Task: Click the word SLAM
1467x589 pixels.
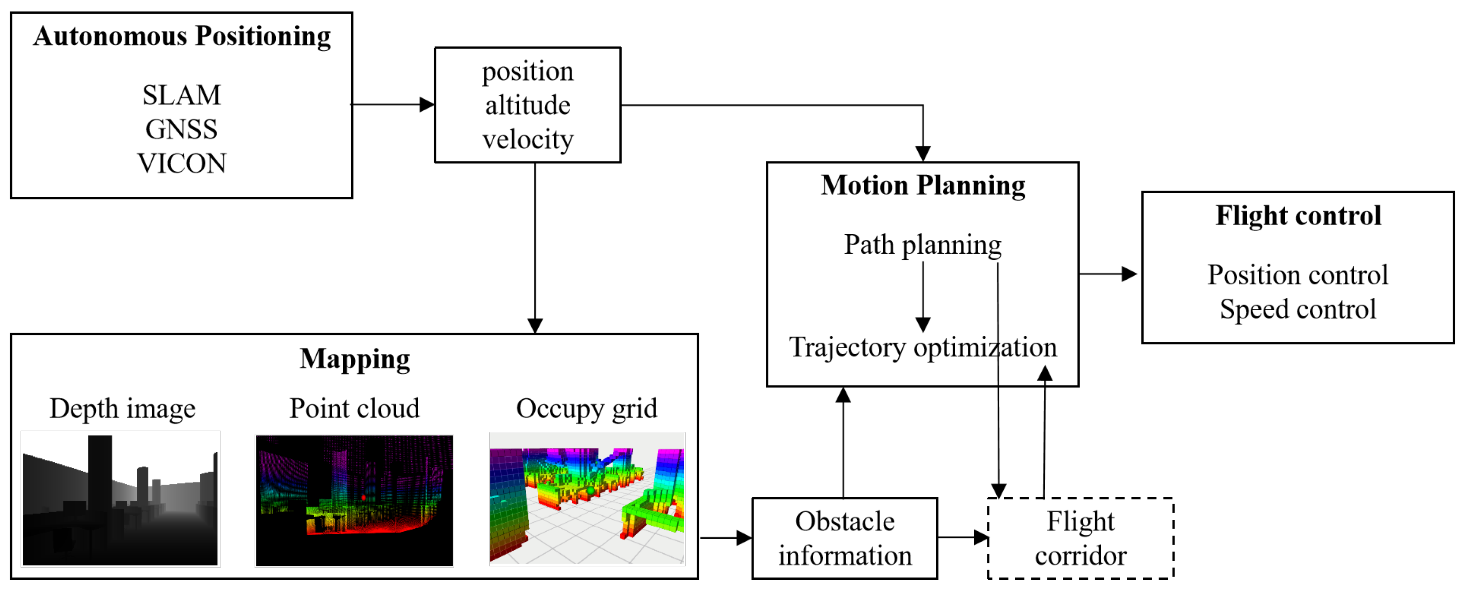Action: [181, 95]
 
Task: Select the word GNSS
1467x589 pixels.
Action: [181, 129]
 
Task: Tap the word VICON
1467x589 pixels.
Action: [181, 164]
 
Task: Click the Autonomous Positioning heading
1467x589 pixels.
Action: [182, 37]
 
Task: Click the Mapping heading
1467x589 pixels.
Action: [354, 360]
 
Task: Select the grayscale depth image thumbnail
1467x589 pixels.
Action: [120, 499]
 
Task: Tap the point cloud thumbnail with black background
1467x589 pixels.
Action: [354, 500]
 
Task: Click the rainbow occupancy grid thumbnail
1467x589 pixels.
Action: [587, 499]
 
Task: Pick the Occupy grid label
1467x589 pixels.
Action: [586, 409]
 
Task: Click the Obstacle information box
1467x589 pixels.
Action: [844, 538]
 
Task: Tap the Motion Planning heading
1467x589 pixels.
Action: [923, 186]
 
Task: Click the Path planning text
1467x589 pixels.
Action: [923, 245]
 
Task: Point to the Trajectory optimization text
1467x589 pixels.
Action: [923, 348]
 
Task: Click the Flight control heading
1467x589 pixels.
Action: [1298, 216]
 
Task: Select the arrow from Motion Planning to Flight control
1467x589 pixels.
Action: [1108, 274]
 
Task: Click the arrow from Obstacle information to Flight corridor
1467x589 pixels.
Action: [962, 537]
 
